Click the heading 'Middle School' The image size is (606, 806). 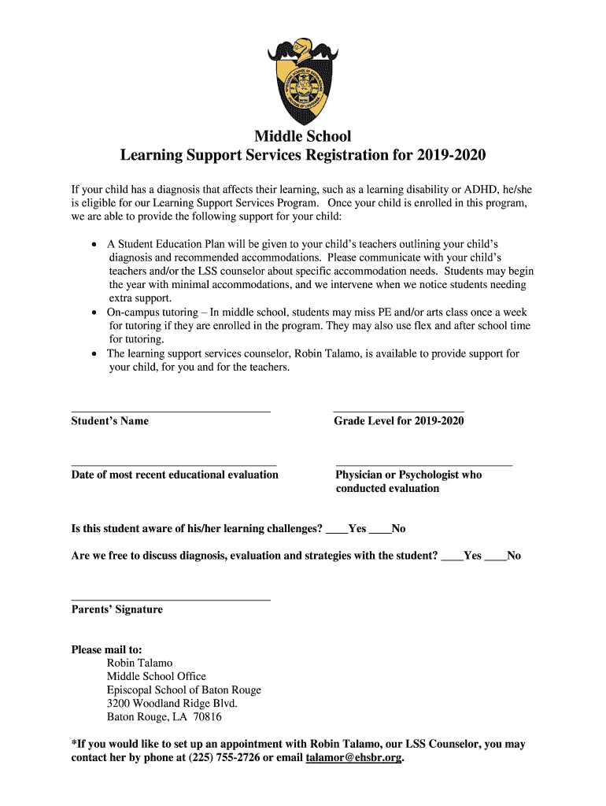303,136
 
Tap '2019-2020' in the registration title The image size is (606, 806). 446,156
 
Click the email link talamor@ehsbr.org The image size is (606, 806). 353,758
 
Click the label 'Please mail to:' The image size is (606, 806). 107,649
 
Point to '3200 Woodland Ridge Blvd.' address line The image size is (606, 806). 172,703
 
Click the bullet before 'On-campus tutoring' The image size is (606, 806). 95,312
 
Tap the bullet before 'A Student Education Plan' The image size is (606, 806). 95,245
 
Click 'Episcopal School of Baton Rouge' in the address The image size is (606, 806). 183,690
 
